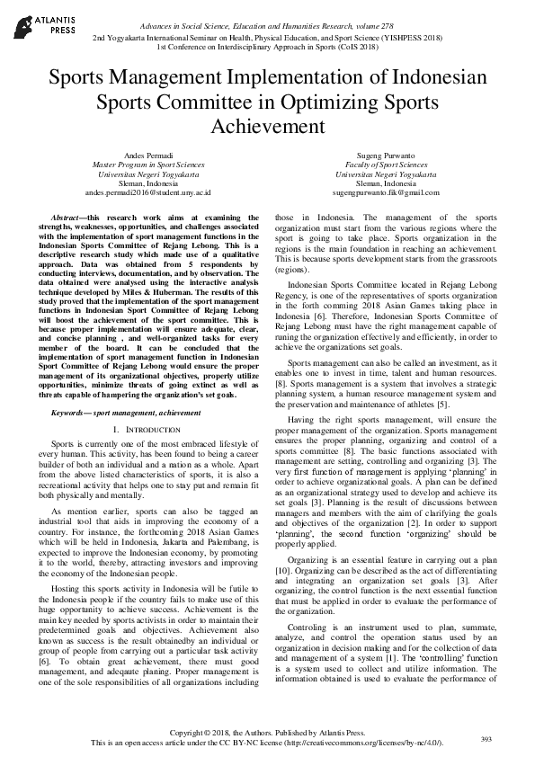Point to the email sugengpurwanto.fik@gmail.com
click(386, 192)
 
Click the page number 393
click(486, 738)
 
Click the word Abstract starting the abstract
click(67, 218)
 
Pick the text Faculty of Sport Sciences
click(386, 165)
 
